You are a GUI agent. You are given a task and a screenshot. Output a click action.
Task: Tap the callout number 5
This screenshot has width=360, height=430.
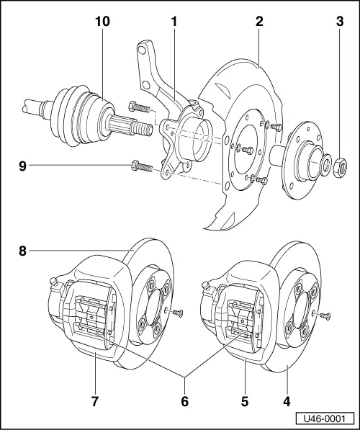click(x=246, y=398)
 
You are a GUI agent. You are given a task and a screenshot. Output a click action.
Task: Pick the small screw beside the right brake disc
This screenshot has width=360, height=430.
click(x=325, y=314)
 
